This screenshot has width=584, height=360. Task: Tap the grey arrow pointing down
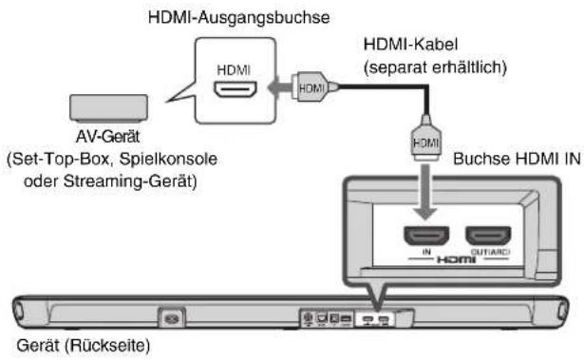click(424, 194)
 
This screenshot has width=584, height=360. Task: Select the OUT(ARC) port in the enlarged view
click(489, 234)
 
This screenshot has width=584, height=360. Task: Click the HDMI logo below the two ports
click(457, 257)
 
